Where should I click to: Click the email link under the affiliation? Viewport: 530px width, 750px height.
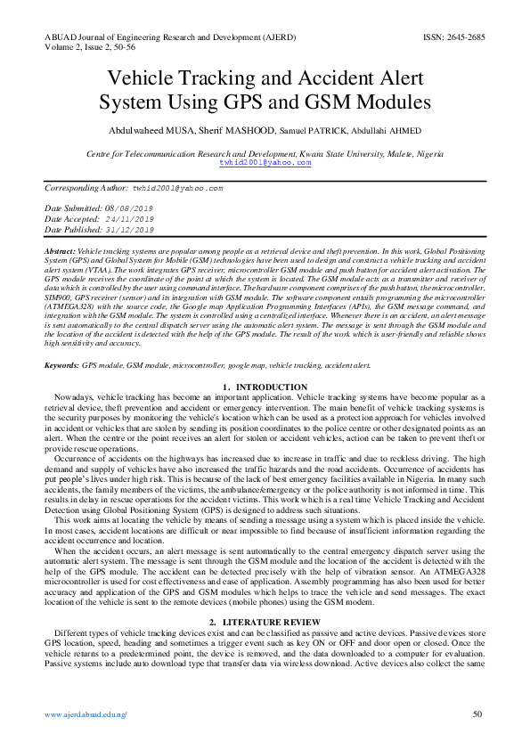(x=265, y=163)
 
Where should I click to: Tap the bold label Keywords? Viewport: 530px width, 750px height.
(x=61, y=366)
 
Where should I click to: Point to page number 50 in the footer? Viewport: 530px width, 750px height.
(x=477, y=714)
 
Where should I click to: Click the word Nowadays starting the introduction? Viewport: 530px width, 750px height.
(x=72, y=396)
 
